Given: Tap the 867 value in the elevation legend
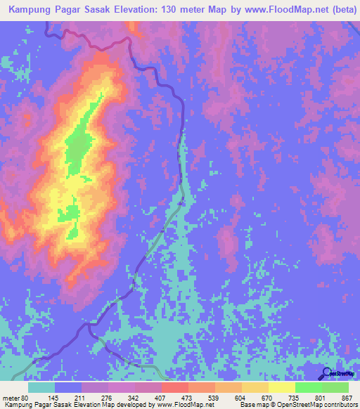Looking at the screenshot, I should point(347,397).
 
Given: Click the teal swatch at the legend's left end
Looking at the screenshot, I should point(41,387).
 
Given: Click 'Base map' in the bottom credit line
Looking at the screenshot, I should point(252,405).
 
